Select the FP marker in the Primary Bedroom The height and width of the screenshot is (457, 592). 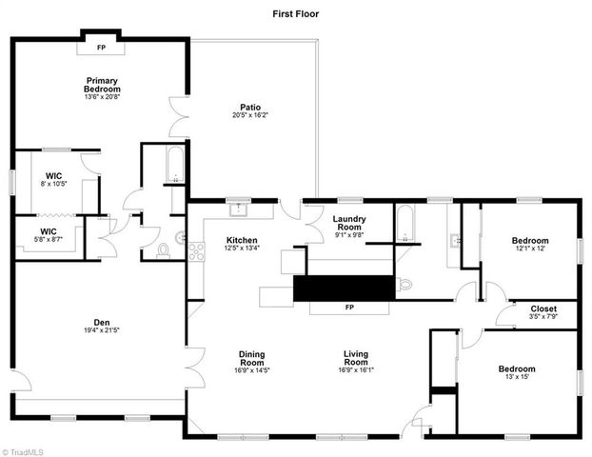tap(101, 47)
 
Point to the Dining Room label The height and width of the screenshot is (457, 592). tap(251, 359)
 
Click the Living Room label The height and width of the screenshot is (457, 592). tap(355, 359)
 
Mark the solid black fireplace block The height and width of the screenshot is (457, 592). tap(343, 288)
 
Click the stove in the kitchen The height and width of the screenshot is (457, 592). tap(197, 252)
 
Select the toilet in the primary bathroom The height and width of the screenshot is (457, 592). tap(163, 251)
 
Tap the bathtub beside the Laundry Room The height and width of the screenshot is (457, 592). tap(404, 228)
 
